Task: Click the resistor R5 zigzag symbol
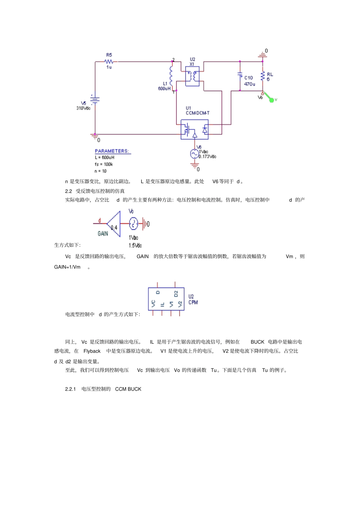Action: click(x=109, y=61)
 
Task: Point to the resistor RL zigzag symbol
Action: click(x=263, y=76)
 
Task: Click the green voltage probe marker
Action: click(x=271, y=99)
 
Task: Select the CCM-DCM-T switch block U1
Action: click(x=194, y=129)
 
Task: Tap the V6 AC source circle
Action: click(x=195, y=154)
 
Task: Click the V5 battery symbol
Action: click(x=95, y=100)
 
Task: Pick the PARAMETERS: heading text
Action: click(x=112, y=151)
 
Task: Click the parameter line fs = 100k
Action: click(x=104, y=164)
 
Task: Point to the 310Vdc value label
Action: click(x=83, y=108)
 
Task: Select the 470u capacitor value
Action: click(x=249, y=84)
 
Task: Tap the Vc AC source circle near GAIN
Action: click(x=133, y=224)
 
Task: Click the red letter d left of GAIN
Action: click(x=100, y=220)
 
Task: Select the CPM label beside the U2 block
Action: click(x=193, y=302)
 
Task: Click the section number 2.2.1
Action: click(x=70, y=389)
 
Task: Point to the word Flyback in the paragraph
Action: click(x=92, y=351)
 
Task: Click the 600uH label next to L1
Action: click(x=164, y=89)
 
